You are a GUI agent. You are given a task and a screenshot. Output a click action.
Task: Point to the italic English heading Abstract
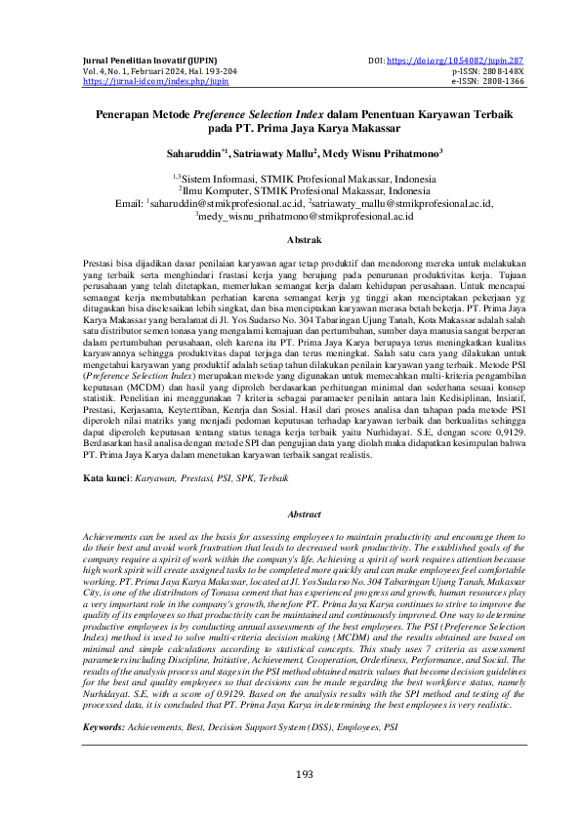click(290, 513)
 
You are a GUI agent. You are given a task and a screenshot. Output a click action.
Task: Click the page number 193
click(290, 774)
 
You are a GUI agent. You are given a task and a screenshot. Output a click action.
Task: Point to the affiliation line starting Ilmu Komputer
click(292, 191)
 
